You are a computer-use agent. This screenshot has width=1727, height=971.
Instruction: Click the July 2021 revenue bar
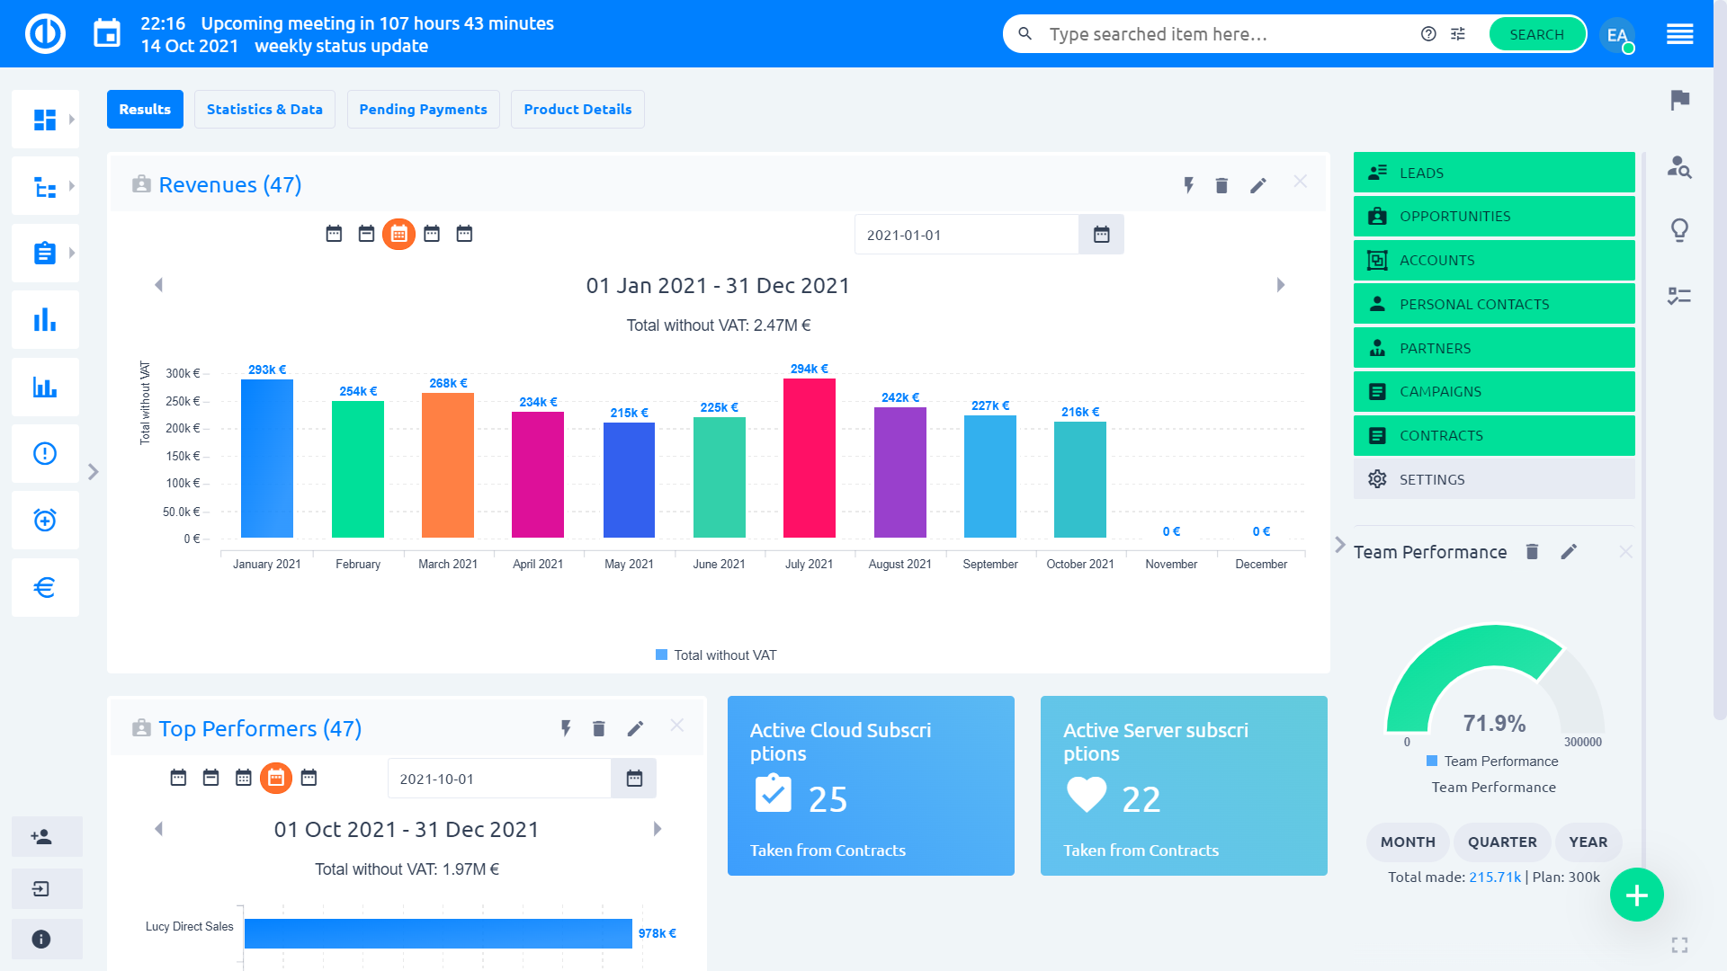click(809, 459)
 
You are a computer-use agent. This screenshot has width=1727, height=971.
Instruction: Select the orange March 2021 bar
click(447, 465)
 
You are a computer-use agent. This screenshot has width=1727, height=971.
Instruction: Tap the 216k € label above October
click(1079, 412)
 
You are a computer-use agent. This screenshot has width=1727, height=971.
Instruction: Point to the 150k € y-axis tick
click(183, 456)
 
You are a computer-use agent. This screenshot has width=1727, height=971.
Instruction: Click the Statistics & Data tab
click(264, 109)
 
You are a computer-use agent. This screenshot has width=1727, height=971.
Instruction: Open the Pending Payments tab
click(423, 109)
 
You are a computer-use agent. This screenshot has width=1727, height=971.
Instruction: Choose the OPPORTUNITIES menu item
click(1493, 217)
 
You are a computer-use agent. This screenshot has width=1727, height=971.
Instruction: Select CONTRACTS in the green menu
click(1493, 436)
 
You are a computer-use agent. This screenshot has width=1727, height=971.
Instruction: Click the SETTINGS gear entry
click(1493, 479)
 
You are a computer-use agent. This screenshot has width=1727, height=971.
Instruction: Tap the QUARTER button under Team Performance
click(1501, 842)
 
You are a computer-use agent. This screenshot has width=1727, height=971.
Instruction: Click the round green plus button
click(1636, 895)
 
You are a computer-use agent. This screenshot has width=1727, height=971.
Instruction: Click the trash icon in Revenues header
click(1221, 185)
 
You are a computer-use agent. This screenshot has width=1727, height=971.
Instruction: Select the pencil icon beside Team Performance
click(1569, 552)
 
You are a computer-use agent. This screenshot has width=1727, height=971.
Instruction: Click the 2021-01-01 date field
click(965, 235)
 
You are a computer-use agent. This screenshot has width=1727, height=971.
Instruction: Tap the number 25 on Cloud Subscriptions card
click(828, 799)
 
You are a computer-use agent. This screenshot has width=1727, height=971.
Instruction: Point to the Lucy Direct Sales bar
click(437, 933)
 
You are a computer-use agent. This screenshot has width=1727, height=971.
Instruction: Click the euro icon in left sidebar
click(45, 588)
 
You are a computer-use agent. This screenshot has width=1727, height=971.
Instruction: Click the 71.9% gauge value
click(1493, 724)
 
